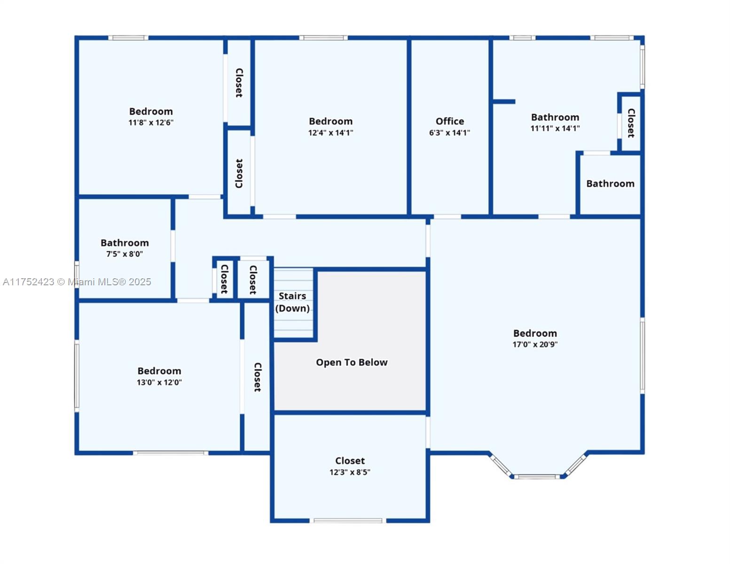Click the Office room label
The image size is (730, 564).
[x=449, y=121]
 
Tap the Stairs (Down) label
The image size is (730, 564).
[x=292, y=302]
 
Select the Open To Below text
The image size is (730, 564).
[x=352, y=362]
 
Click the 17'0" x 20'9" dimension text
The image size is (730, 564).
[x=535, y=345]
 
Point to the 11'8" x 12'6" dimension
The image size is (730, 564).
[x=151, y=123]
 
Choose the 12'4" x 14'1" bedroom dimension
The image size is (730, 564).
[x=330, y=133]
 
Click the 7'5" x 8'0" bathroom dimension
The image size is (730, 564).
[x=125, y=254]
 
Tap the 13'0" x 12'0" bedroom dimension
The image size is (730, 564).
[x=159, y=383]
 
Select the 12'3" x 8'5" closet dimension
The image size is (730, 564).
[x=350, y=472]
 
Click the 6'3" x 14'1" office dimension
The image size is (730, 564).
[x=449, y=133]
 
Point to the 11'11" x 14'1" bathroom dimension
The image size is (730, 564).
[x=555, y=128]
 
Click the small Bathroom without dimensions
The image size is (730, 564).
[x=610, y=184]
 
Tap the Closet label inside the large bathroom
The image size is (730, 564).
[x=631, y=123]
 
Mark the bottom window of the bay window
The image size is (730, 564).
[x=536, y=477]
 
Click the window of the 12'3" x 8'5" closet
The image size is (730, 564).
[x=348, y=520]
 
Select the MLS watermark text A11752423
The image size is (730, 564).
[x=28, y=282]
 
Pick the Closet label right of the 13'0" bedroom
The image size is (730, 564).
[x=257, y=377]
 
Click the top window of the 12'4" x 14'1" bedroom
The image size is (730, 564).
[x=323, y=38]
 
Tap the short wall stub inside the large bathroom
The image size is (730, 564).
[x=504, y=102]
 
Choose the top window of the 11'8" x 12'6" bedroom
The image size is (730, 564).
[x=128, y=38]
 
